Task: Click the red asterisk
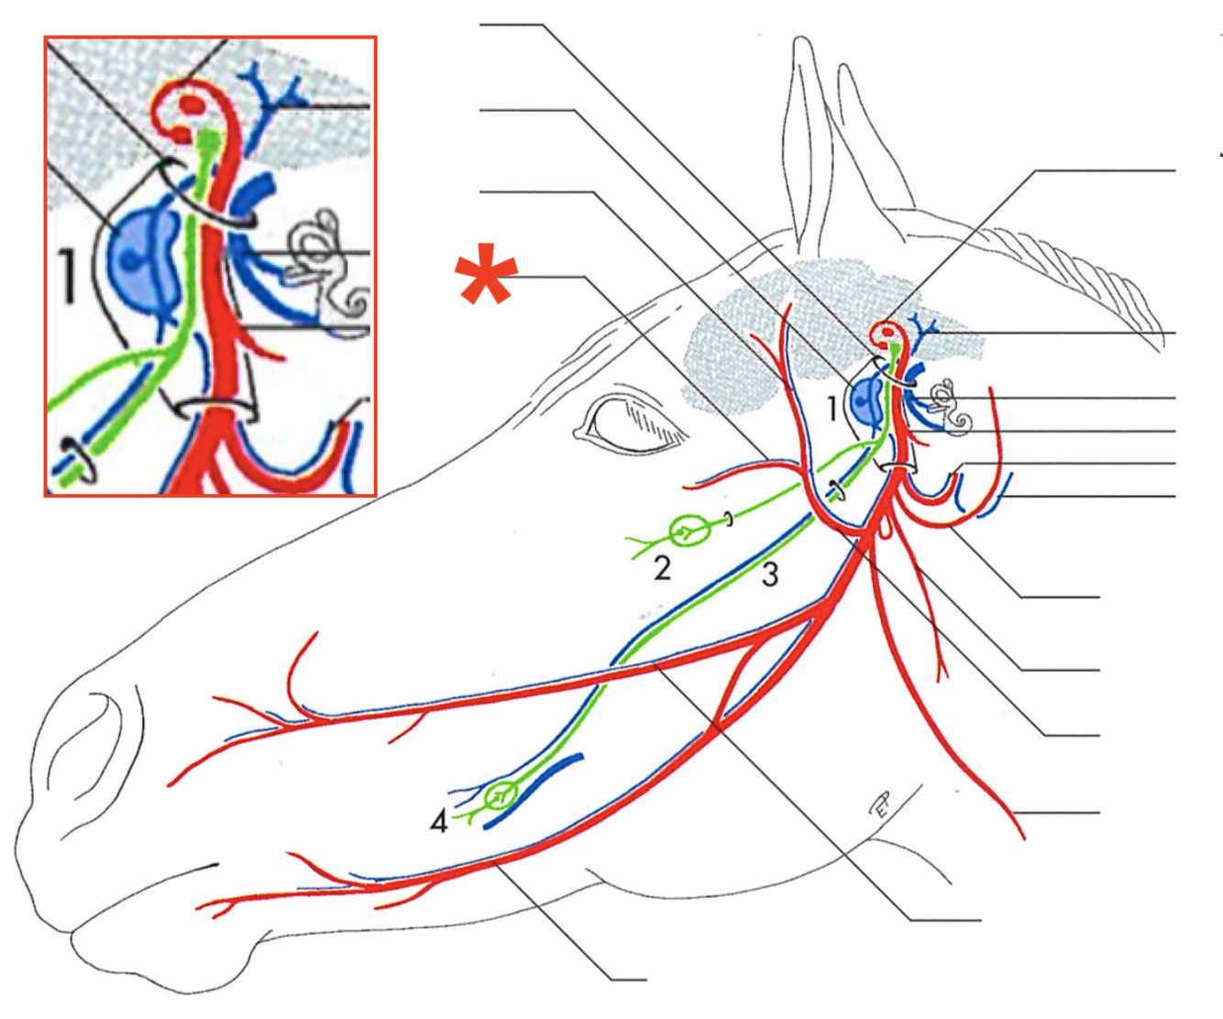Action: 487,274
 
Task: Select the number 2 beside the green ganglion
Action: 662,568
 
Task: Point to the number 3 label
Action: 770,574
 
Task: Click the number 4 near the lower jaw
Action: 439,822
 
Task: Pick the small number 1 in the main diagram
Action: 832,407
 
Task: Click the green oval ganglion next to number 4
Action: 500,794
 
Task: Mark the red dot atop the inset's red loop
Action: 193,104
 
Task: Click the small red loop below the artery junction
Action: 884,529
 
